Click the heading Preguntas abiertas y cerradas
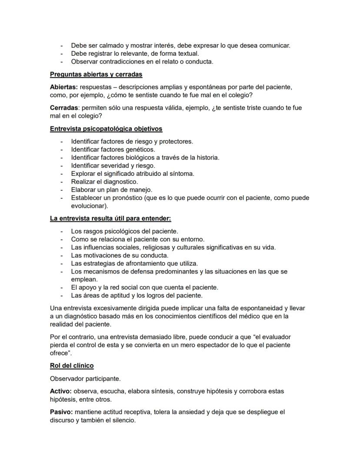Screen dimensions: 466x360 pyautogui.click(x=96, y=74)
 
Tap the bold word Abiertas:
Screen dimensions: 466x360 pyautogui.click(x=64, y=87)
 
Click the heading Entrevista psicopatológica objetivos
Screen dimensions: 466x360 pyautogui.click(x=106, y=129)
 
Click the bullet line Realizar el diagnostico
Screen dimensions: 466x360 pyautogui.click(x=104, y=181)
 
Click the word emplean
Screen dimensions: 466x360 pyautogui.click(x=84, y=279)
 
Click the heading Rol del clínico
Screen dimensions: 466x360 pyautogui.click(x=72, y=365)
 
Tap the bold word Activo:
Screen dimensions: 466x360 pyautogui.click(x=61, y=391)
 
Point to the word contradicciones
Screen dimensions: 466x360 pyautogui.click(x=120, y=61)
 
